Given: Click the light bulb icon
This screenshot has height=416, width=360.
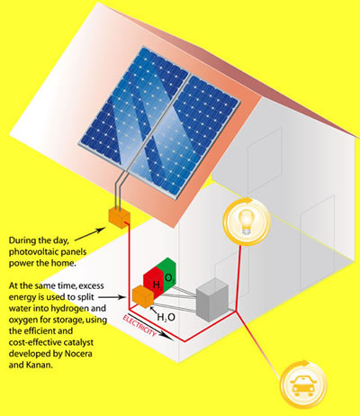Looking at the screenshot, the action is point(247,222).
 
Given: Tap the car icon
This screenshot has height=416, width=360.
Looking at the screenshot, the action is point(303,385).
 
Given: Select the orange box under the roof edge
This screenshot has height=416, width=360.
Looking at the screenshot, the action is point(119,217).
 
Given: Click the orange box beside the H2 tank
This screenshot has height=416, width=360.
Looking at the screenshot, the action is point(143,296).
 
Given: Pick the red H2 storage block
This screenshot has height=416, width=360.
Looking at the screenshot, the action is point(154,280).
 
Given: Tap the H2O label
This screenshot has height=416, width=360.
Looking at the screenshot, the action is point(166,317).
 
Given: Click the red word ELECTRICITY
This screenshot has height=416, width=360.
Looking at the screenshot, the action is point(139,326).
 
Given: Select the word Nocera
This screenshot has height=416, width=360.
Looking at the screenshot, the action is point(78,354).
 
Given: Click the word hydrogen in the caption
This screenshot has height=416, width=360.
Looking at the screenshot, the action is point(67,309).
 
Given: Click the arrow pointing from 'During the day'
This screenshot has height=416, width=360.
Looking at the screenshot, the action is point(90,234).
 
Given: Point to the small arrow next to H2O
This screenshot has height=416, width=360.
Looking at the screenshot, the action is point(154,311).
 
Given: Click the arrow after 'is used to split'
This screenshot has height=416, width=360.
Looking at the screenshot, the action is point(112,297).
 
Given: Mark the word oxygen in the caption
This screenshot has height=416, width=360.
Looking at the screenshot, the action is point(22,320).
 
